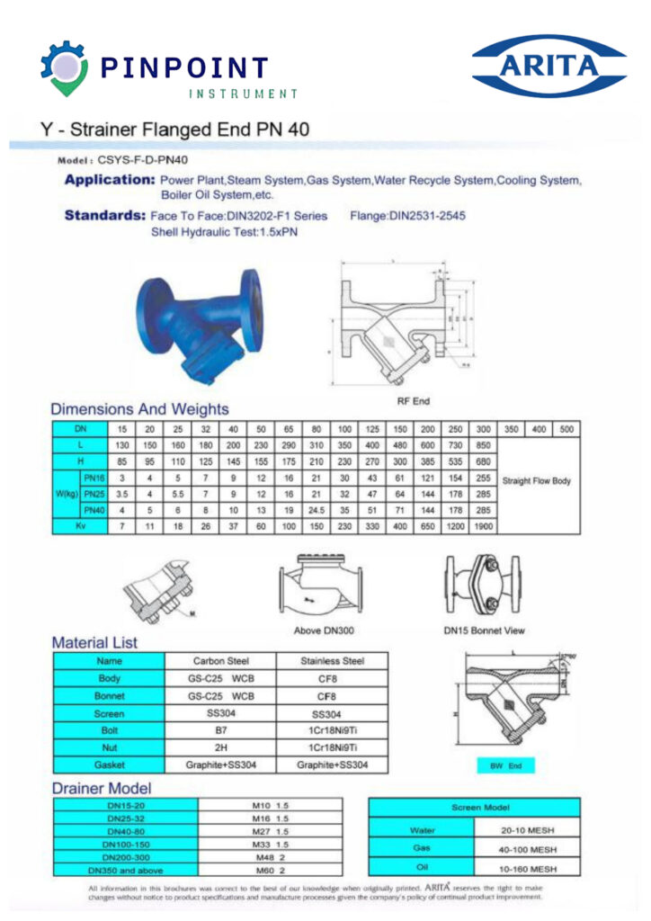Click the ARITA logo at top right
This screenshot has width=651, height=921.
[548, 66]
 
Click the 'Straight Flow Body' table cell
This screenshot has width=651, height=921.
[537, 481]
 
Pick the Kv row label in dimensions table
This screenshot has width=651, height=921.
[79, 525]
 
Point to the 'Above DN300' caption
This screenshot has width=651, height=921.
[319, 630]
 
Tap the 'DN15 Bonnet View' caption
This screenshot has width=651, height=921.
[484, 630]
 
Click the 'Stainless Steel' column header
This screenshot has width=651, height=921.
[333, 661]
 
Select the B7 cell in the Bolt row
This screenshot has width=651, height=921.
[220, 730]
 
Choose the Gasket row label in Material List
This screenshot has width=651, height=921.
[109, 765]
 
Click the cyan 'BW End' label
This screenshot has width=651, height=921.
[505, 766]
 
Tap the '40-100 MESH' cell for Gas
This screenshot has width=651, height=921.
[529, 849]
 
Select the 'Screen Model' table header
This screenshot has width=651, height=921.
[474, 808]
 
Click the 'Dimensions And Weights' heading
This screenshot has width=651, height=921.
[139, 409]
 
